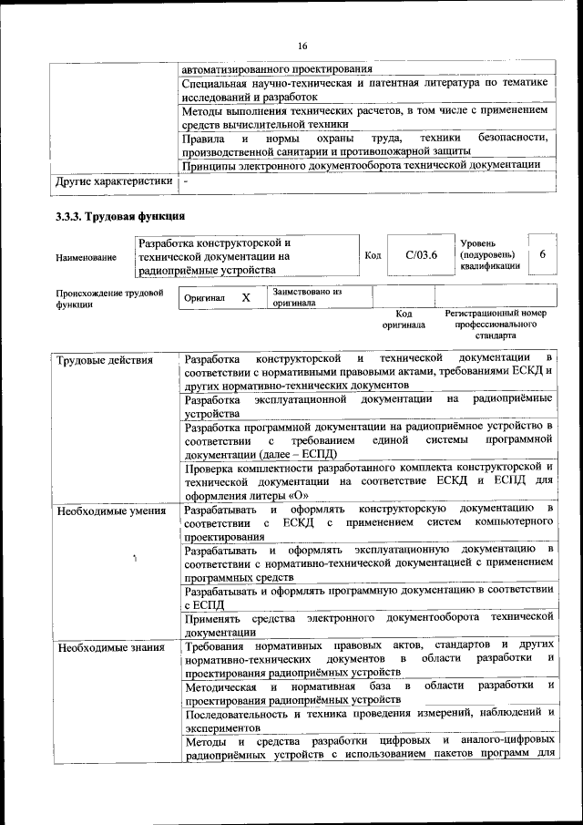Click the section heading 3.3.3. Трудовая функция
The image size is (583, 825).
pyautogui.click(x=120, y=216)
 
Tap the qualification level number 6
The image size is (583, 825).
pyautogui.click(x=542, y=254)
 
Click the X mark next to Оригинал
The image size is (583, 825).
pyautogui.click(x=245, y=298)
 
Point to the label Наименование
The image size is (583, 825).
pyautogui.click(x=86, y=258)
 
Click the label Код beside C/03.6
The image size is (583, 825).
pyautogui.click(x=372, y=255)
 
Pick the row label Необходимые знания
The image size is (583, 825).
pyautogui.click(x=98, y=648)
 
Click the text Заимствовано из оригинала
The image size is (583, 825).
pyautogui.click(x=305, y=297)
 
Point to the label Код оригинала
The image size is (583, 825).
pyautogui.click(x=403, y=318)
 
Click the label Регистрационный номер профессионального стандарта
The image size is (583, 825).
pyautogui.click(x=496, y=324)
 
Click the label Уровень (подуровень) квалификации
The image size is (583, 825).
pyautogui.click(x=491, y=254)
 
